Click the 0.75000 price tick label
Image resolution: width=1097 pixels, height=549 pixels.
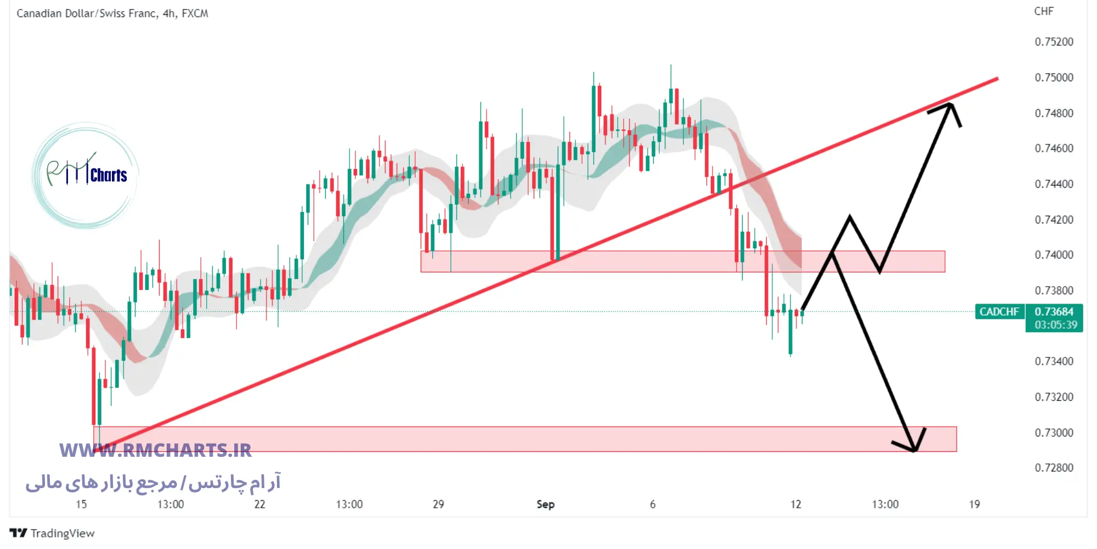pos(1054,77)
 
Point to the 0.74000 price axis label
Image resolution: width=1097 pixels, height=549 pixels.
pos(1054,255)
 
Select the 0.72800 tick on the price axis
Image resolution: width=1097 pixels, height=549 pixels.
pos(1054,468)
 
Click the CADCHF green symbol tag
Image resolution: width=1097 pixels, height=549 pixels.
pos(999,312)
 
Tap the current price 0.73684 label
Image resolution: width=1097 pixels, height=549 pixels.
pos(1054,312)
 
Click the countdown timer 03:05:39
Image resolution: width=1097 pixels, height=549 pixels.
pos(1055,325)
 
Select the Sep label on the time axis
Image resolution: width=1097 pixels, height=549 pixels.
pos(545,504)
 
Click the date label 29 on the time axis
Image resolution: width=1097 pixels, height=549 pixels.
pos(438,504)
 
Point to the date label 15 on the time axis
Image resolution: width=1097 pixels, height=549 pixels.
pos(81,504)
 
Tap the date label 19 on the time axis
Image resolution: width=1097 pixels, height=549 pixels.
pos(974,504)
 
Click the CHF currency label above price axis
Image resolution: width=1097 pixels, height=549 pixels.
pos(1043,12)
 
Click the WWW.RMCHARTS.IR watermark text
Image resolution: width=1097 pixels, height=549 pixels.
pos(155,451)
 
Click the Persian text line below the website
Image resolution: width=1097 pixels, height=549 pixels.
pos(153,483)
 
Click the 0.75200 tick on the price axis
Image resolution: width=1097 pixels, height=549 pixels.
pos(1054,42)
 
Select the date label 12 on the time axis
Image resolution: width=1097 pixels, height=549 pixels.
pos(795,504)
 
